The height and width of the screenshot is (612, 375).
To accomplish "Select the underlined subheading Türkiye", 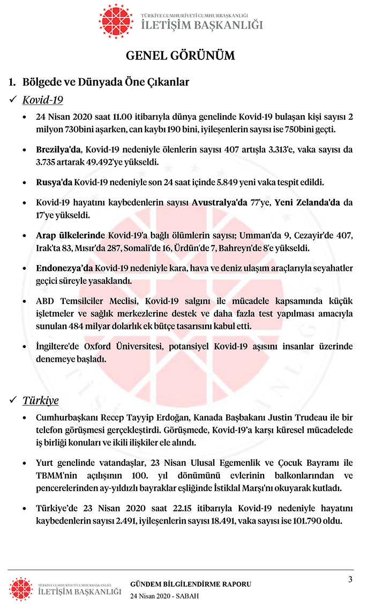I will click(x=40, y=401).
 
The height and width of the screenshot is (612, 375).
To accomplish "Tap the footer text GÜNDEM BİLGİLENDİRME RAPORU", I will click(x=191, y=584).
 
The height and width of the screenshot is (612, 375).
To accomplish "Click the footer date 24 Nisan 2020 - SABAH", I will click(x=164, y=596).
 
